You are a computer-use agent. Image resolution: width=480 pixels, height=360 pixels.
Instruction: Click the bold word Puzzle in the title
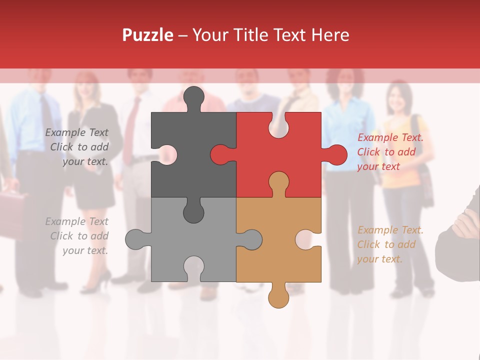point(147,35)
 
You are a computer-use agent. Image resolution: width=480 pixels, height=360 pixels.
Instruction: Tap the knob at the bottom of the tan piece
point(278,297)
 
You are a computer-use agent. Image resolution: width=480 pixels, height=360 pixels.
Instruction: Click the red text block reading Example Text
point(390,152)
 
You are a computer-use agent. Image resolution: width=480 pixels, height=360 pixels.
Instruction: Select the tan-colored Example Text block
point(390,244)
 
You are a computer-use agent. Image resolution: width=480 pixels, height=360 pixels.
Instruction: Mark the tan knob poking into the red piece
point(278,182)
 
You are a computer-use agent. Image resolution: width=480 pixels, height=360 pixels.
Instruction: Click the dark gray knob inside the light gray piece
point(193,211)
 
